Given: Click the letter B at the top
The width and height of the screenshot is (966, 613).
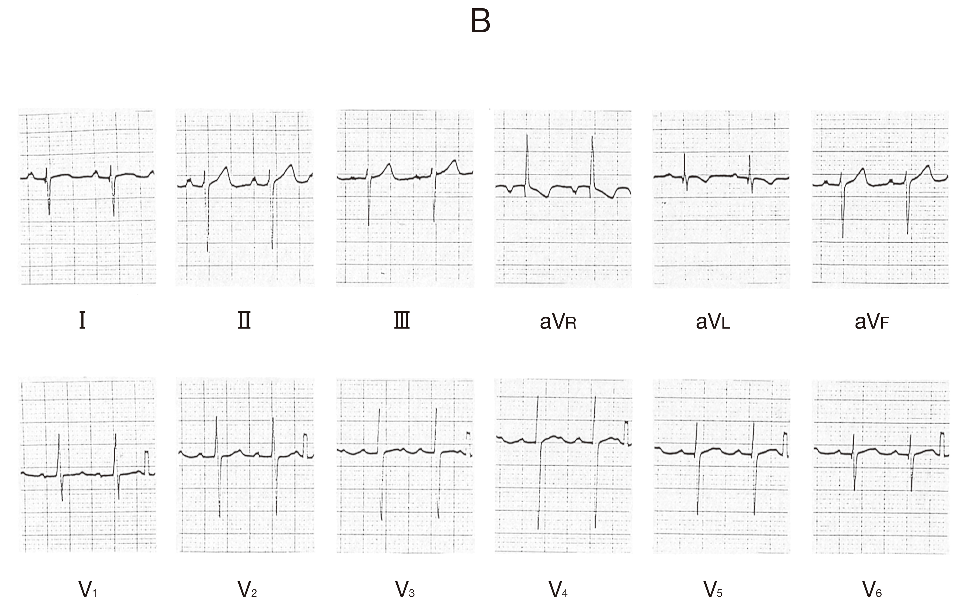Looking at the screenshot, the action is pyautogui.click(x=480, y=21).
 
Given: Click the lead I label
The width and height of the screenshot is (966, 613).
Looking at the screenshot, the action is pyautogui.click(x=82, y=320).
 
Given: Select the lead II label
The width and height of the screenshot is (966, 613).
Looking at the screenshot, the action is pyautogui.click(x=244, y=320).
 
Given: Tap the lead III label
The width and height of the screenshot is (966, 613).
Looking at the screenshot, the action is pyautogui.click(x=402, y=320).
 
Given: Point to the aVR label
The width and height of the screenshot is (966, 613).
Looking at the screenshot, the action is pyautogui.click(x=558, y=321).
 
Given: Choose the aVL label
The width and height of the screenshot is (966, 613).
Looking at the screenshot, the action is pyautogui.click(x=713, y=321).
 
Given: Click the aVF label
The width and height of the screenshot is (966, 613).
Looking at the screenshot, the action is pyautogui.click(x=872, y=321).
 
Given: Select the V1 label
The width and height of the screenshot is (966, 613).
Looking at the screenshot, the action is pyautogui.click(x=88, y=589).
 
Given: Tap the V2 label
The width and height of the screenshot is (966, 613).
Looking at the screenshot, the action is pyautogui.click(x=247, y=589).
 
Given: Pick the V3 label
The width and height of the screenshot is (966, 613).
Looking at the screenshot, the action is pyautogui.click(x=405, y=589).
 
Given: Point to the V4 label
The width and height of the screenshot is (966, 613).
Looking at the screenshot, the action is pyautogui.click(x=558, y=589).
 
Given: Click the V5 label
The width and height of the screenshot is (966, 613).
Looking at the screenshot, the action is pyautogui.click(x=713, y=589).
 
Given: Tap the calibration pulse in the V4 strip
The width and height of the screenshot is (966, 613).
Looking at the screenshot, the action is pyautogui.click(x=627, y=433).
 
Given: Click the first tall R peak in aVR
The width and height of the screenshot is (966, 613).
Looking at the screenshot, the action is pyautogui.click(x=526, y=136).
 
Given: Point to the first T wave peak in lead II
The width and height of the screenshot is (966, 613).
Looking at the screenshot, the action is pyautogui.click(x=226, y=167).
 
